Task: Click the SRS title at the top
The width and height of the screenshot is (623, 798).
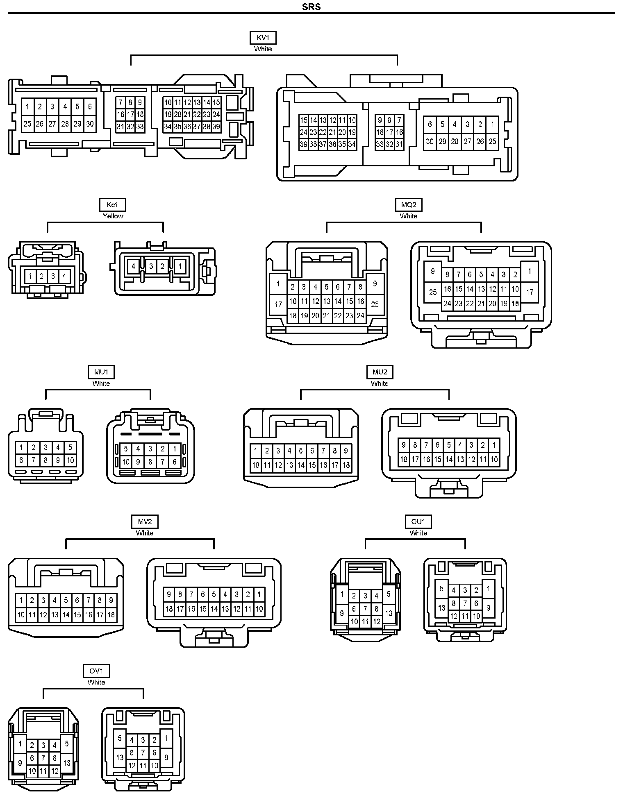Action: coord(311,7)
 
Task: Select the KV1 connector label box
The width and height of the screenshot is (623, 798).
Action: coord(263,38)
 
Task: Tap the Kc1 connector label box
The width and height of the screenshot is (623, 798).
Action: coord(112,205)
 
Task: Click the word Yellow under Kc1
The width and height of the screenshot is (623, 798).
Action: coord(113,216)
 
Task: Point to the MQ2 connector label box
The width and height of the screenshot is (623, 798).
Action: coord(409,205)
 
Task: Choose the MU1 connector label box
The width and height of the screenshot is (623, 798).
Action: coord(101,372)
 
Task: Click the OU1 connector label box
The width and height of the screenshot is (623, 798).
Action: coord(418,521)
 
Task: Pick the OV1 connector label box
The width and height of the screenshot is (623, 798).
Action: coord(96,671)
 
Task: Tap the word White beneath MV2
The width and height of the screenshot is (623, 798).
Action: coord(144,533)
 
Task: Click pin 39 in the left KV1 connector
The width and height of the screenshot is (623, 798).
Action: coord(216,127)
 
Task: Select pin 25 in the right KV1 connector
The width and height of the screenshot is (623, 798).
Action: coord(492,141)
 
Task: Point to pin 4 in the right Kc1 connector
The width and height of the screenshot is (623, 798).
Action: coord(133,267)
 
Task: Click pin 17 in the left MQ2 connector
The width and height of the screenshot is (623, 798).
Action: coord(278,304)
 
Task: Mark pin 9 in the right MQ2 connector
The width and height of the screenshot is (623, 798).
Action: coord(433,271)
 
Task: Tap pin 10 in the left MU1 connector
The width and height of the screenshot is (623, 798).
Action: coord(70,460)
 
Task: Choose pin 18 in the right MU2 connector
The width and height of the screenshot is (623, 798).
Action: coord(404,459)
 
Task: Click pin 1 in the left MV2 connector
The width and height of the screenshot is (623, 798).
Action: coord(21,601)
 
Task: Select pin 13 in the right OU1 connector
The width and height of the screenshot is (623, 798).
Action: coord(441,608)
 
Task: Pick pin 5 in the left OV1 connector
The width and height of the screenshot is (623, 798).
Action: coord(67,743)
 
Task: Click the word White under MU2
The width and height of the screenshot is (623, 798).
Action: coord(379,383)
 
